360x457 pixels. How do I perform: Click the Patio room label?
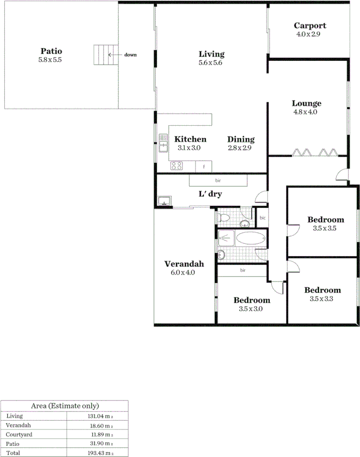click(51, 51)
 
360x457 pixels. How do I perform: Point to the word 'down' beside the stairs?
click(130, 55)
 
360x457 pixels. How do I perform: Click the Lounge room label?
click(306, 103)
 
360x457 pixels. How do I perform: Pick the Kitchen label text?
click(190, 139)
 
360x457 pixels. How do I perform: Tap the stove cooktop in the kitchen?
click(176, 166)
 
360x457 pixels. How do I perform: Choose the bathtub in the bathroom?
click(250, 238)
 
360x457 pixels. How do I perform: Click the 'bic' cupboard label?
click(263, 218)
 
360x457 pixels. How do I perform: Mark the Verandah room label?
click(184, 264)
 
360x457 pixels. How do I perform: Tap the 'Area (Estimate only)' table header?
click(64, 406)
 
